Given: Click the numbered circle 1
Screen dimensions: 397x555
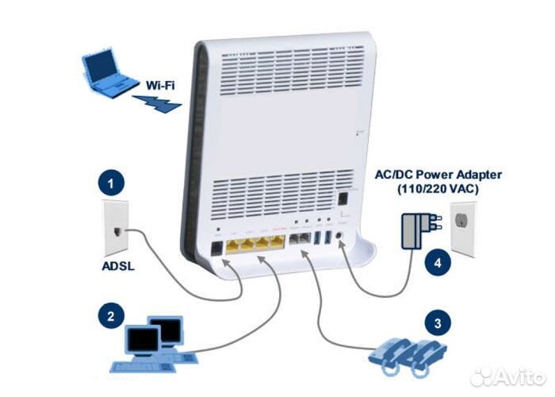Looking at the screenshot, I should pyautogui.click(x=110, y=184).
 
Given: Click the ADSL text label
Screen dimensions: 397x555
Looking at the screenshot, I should pyautogui.click(x=117, y=266).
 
